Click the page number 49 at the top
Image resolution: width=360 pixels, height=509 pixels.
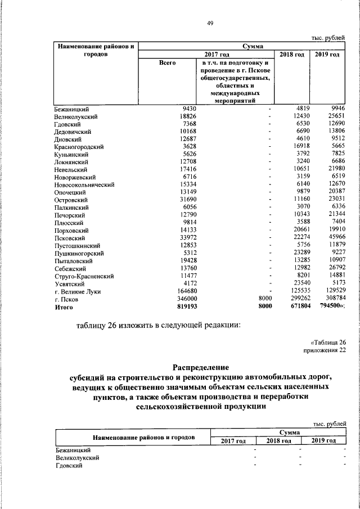click(210, 22)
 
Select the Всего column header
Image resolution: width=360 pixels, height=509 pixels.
click(167, 63)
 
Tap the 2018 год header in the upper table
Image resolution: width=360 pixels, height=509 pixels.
click(292, 54)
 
